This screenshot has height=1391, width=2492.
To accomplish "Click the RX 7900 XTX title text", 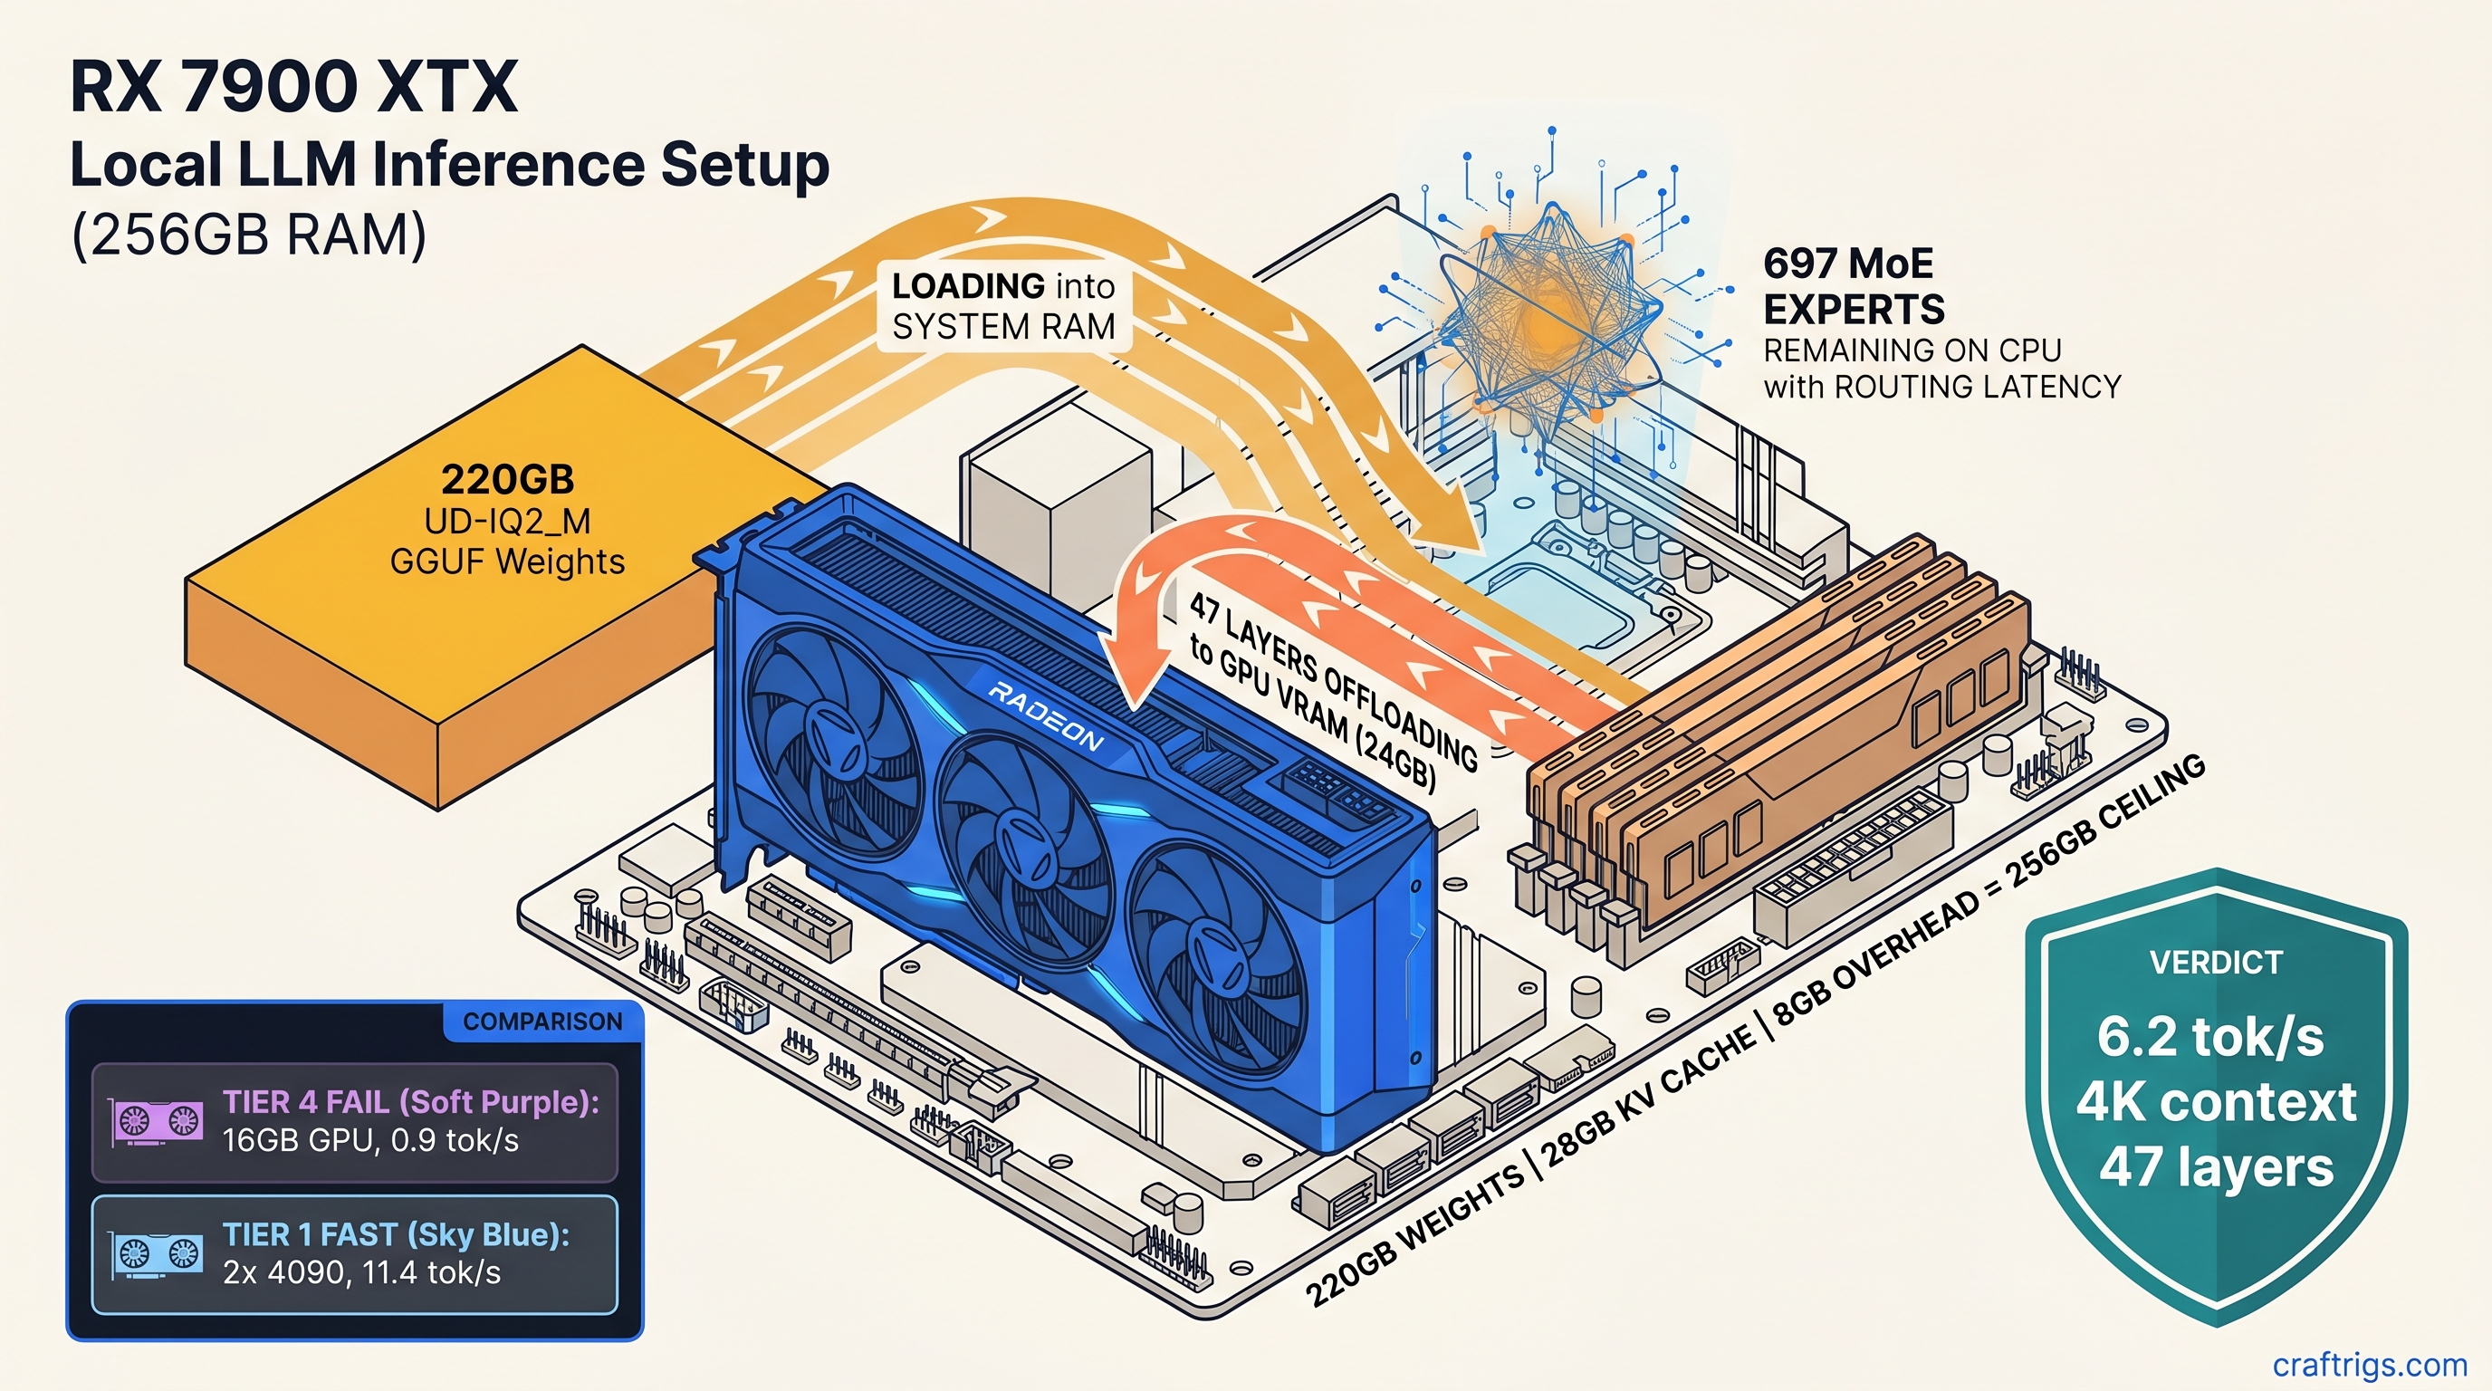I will click(294, 87).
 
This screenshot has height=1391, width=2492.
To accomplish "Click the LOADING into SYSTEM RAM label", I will click(1003, 307).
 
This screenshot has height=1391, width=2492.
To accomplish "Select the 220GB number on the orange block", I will click(507, 480).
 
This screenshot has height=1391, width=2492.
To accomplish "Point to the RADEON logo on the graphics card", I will click(1045, 716).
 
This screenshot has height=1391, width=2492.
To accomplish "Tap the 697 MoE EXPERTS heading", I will click(1853, 286).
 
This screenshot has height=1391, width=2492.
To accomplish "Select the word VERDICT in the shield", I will click(2215, 963).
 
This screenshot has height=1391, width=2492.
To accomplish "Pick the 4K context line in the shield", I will click(2215, 1102).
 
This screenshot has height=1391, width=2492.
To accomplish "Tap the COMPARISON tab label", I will click(542, 1022).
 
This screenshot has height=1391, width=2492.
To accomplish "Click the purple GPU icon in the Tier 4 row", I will click(158, 1122).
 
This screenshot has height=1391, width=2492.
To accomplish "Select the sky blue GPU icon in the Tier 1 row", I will click(158, 1254).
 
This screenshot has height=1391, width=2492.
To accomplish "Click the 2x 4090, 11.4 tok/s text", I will click(362, 1272).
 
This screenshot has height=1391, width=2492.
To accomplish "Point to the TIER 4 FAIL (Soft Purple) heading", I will click(411, 1102).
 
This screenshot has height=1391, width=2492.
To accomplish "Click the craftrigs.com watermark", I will click(2369, 1364).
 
